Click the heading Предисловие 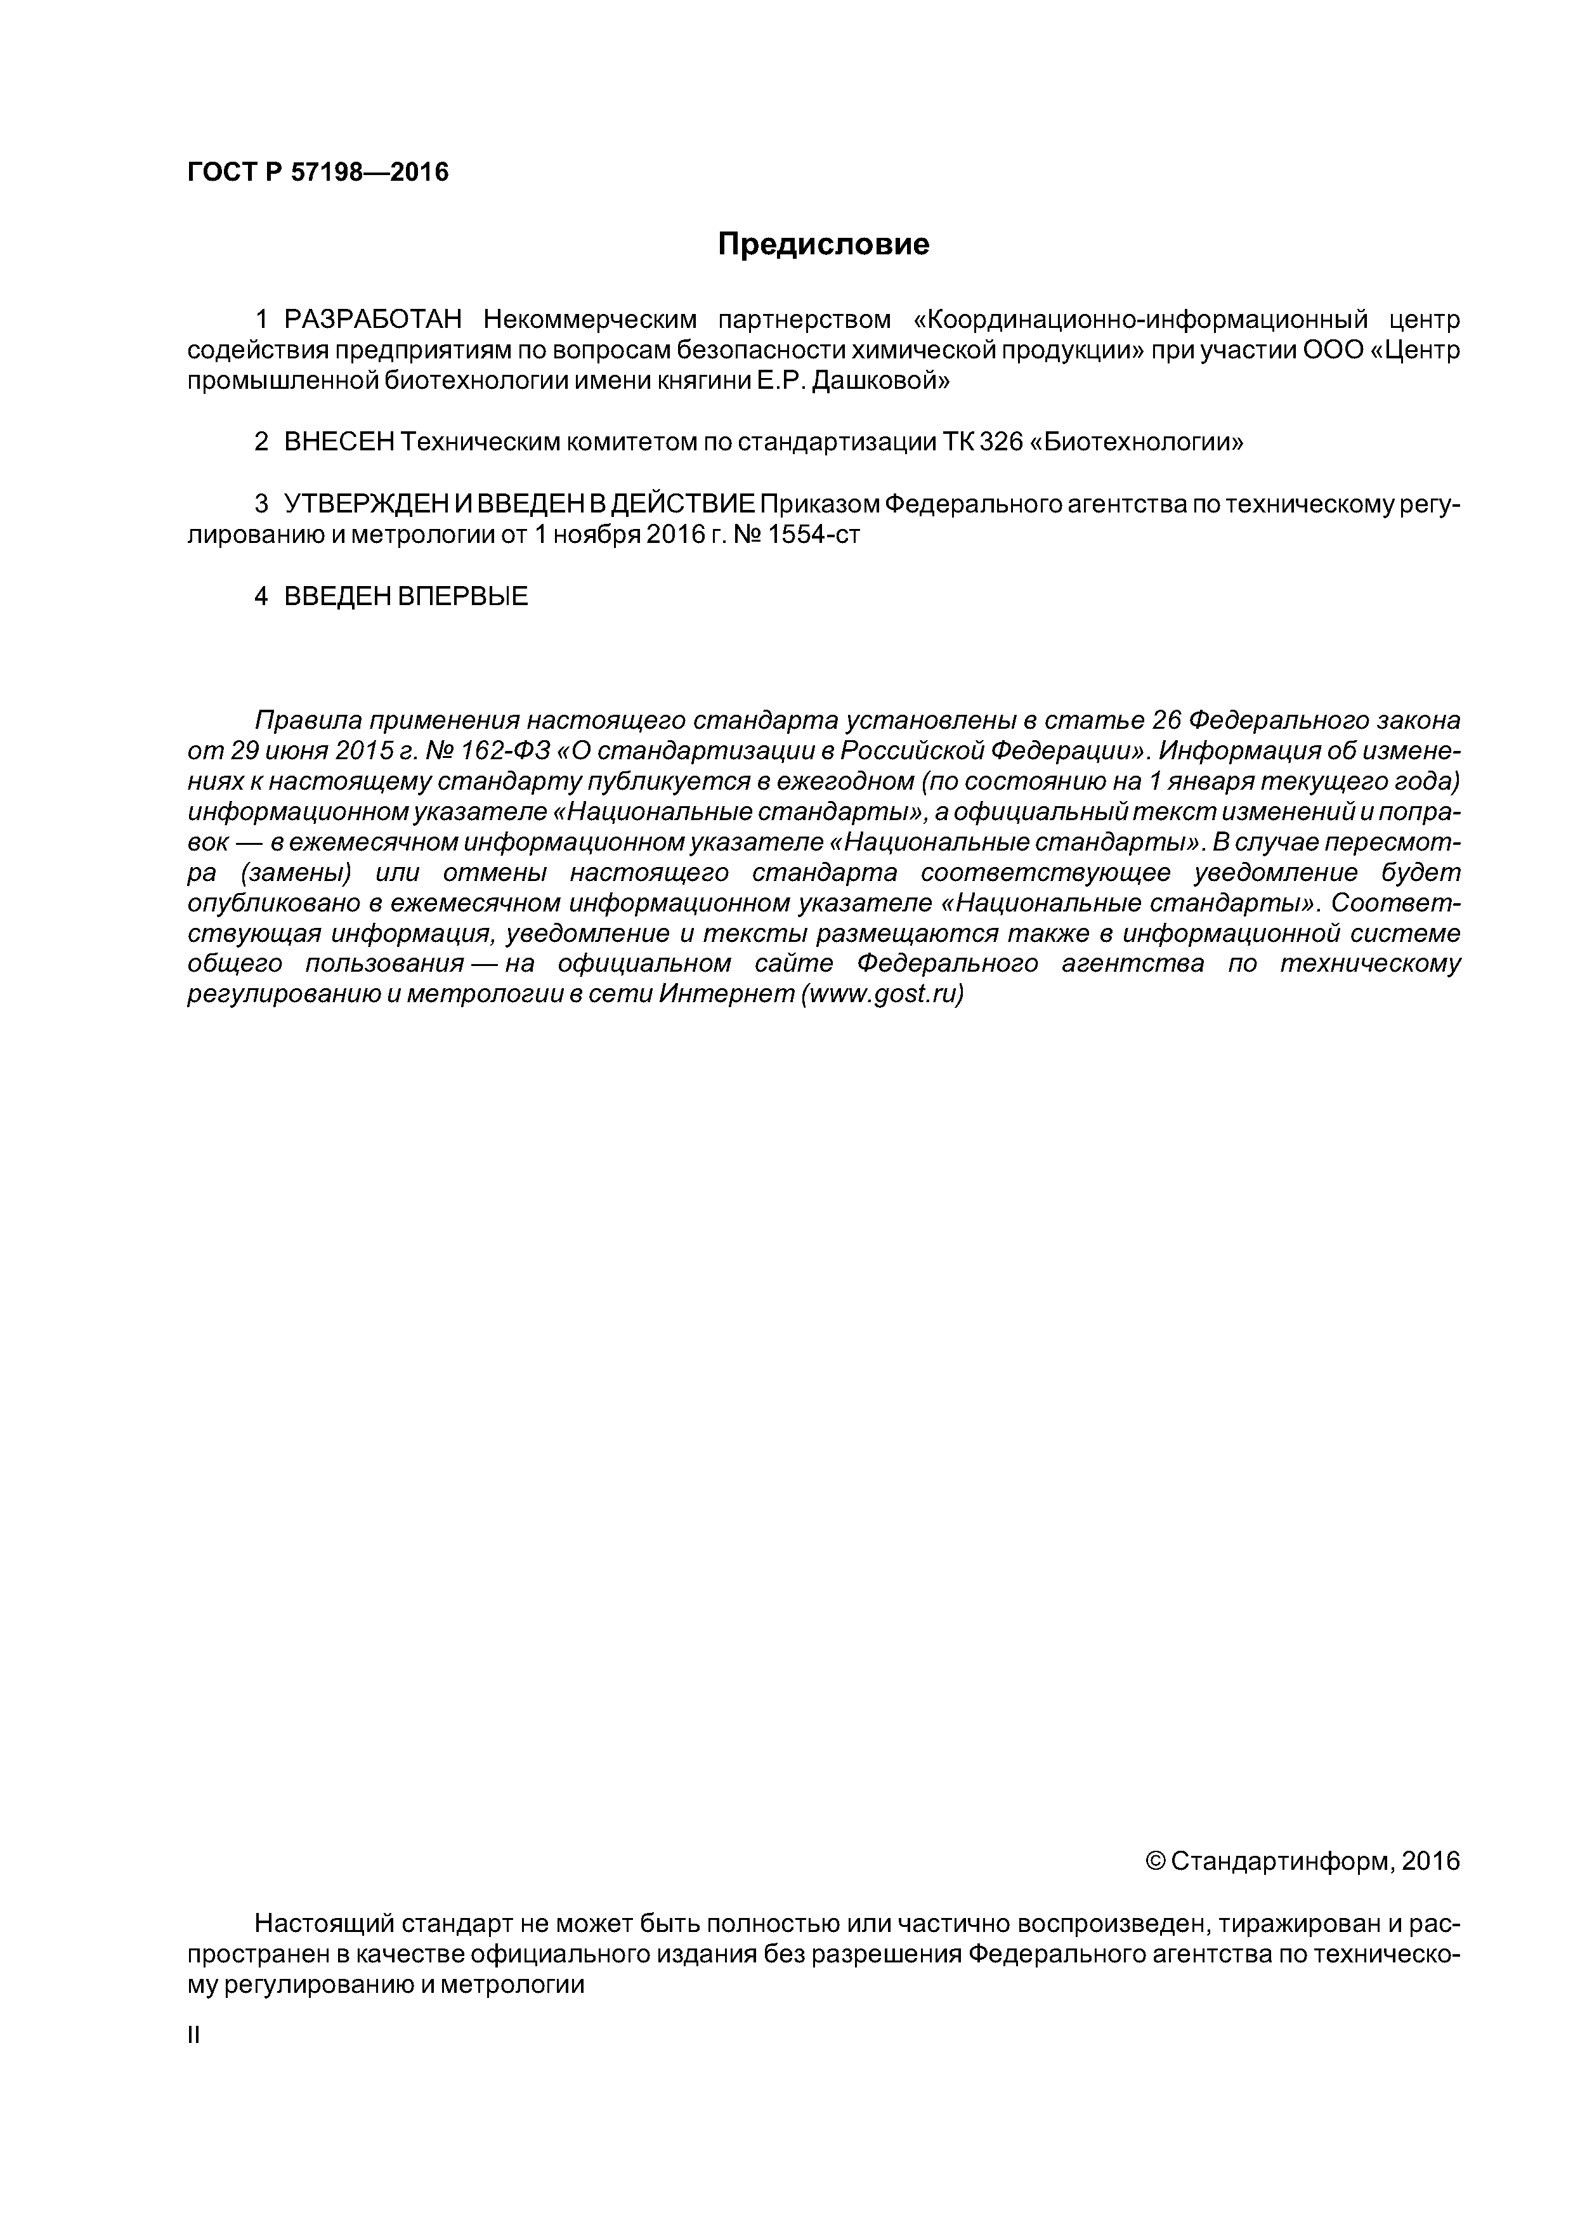tap(823, 244)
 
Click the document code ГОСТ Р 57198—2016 tap(318, 173)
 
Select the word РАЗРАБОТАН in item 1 tap(373, 320)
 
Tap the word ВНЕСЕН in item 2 tap(339, 443)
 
